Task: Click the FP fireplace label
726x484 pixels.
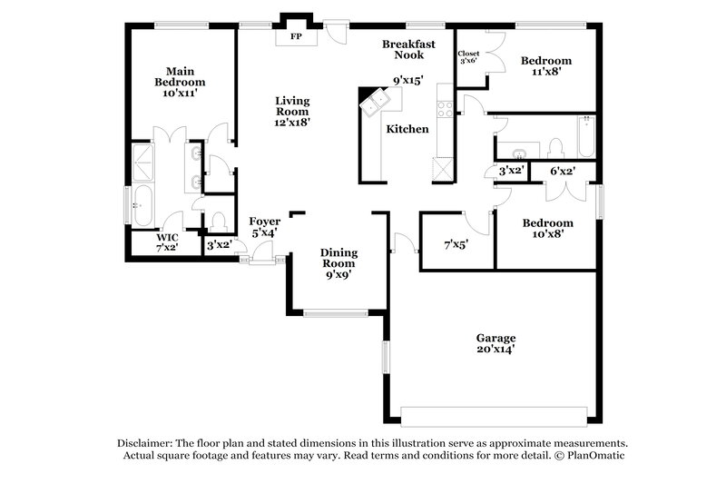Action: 296,38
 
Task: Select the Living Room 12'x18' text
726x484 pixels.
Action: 293,111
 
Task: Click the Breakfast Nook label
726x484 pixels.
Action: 408,49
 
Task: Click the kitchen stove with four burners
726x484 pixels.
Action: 446,108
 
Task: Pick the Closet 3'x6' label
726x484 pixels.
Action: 468,57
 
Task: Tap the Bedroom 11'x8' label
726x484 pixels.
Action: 545,68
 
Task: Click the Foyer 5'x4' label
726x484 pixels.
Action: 264,227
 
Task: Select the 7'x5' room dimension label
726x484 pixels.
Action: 456,244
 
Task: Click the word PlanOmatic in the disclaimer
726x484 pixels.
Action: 596,456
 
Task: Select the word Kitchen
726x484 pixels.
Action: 407,130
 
